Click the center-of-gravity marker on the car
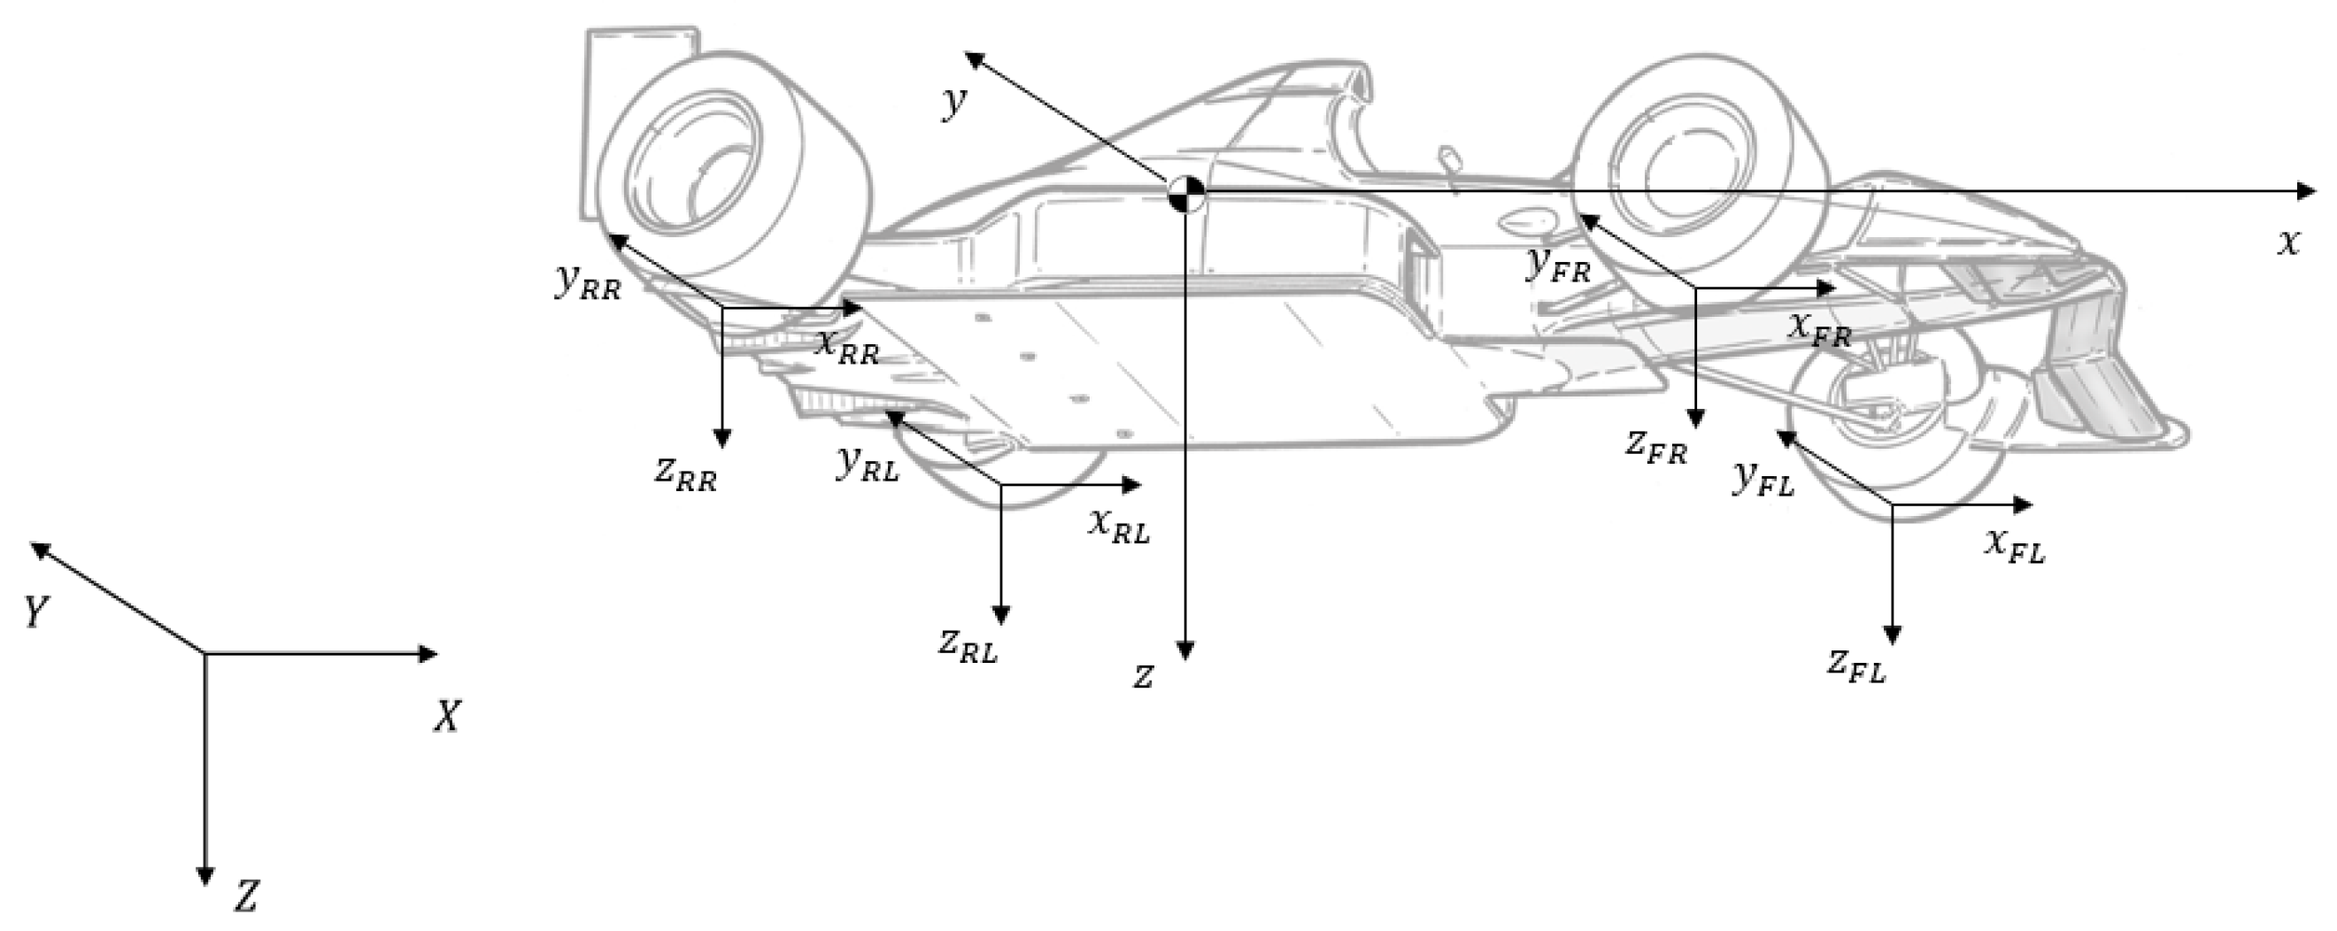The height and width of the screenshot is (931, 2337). pyautogui.click(x=1185, y=192)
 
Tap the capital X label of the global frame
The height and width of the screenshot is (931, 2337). pyautogui.click(x=446, y=718)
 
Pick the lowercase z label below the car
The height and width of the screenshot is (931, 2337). pyautogui.click(x=1144, y=676)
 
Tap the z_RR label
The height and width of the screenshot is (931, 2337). pyautogui.click(x=686, y=473)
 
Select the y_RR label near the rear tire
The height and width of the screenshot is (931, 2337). pyautogui.click(x=588, y=283)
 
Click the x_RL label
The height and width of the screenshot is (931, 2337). pyautogui.click(x=1119, y=526)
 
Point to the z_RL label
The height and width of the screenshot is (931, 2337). pyautogui.click(x=968, y=646)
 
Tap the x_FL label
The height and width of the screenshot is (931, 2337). pyautogui.click(x=2014, y=546)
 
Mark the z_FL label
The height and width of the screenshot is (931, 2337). pyautogui.click(x=1856, y=667)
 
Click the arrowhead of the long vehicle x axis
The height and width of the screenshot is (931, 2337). pyautogui.click(x=2306, y=190)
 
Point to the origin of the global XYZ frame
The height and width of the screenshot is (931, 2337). pyautogui.click(x=205, y=653)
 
